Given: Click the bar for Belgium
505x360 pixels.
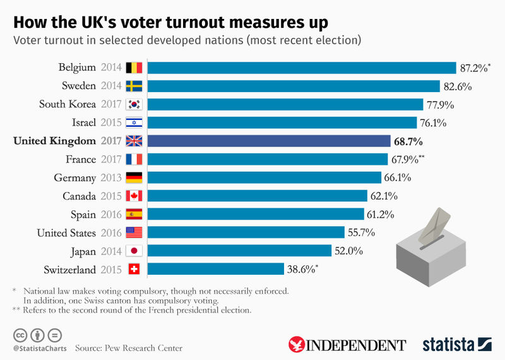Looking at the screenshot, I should click(302, 68).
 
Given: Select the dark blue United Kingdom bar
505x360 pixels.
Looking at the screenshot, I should click(269, 141).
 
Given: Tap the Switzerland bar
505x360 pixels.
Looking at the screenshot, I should click(215, 269).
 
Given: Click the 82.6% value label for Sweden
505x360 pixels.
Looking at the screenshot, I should click(458, 87).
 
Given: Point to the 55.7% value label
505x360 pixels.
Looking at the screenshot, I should click(362, 232).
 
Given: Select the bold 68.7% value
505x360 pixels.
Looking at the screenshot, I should click(408, 141).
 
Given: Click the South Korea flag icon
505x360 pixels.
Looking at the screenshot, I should click(134, 104).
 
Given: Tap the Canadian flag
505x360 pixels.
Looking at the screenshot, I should click(134, 196).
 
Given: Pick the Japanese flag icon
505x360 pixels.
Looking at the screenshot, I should click(134, 251).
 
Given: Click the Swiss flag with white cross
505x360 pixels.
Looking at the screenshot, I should click(134, 270).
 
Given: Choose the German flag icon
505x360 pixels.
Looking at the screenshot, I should click(134, 177).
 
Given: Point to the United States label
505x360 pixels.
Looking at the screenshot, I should click(66, 232).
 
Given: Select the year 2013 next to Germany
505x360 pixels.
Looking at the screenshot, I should click(111, 178).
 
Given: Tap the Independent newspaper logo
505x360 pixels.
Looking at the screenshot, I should click(347, 344).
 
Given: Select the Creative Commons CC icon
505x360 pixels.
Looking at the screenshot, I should click(20, 334).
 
